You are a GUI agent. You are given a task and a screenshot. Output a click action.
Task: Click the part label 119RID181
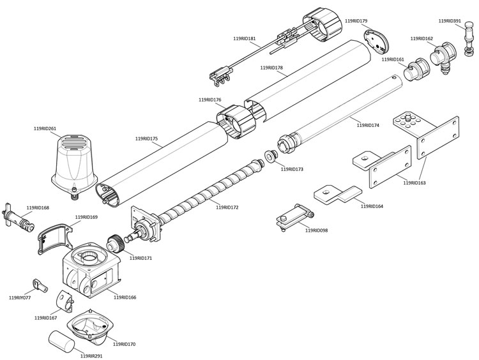click(245, 38)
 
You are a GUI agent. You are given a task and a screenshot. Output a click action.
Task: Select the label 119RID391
click(450, 21)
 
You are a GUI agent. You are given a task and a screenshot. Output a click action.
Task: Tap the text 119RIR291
click(91, 356)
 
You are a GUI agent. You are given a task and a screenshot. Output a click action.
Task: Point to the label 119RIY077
click(20, 297)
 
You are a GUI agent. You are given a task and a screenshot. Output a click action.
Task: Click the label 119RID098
click(317, 230)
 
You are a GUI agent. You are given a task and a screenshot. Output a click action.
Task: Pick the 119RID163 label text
click(414, 183)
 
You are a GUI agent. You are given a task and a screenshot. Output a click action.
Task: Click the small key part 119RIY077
click(40, 285)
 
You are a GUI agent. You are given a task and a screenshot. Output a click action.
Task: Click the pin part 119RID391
click(469, 38)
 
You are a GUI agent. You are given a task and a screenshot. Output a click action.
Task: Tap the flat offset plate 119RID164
click(338, 195)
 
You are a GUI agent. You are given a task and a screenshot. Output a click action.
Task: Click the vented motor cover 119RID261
click(74, 167)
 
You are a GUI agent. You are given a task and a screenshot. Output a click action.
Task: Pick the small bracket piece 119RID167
click(65, 301)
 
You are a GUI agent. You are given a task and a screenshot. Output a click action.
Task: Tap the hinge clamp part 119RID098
click(295, 217)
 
